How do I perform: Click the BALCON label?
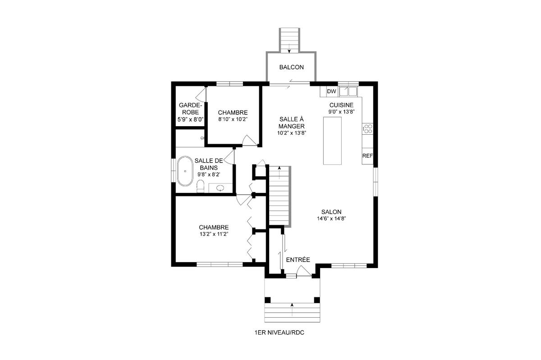point(291,67)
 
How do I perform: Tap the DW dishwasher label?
point(331,91)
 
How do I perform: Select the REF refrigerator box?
point(367,156)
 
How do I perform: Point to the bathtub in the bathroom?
point(185,171)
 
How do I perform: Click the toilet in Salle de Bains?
point(201,186)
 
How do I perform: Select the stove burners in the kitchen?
point(367,129)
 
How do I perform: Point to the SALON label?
point(331,212)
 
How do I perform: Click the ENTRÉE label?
point(298,260)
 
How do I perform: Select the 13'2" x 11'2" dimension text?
point(214,234)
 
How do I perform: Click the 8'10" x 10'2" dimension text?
point(233,119)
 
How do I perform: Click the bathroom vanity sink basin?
point(220,188)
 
